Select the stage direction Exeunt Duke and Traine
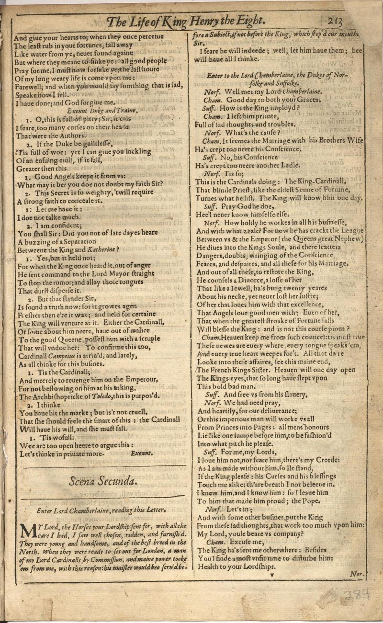point(102,111)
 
